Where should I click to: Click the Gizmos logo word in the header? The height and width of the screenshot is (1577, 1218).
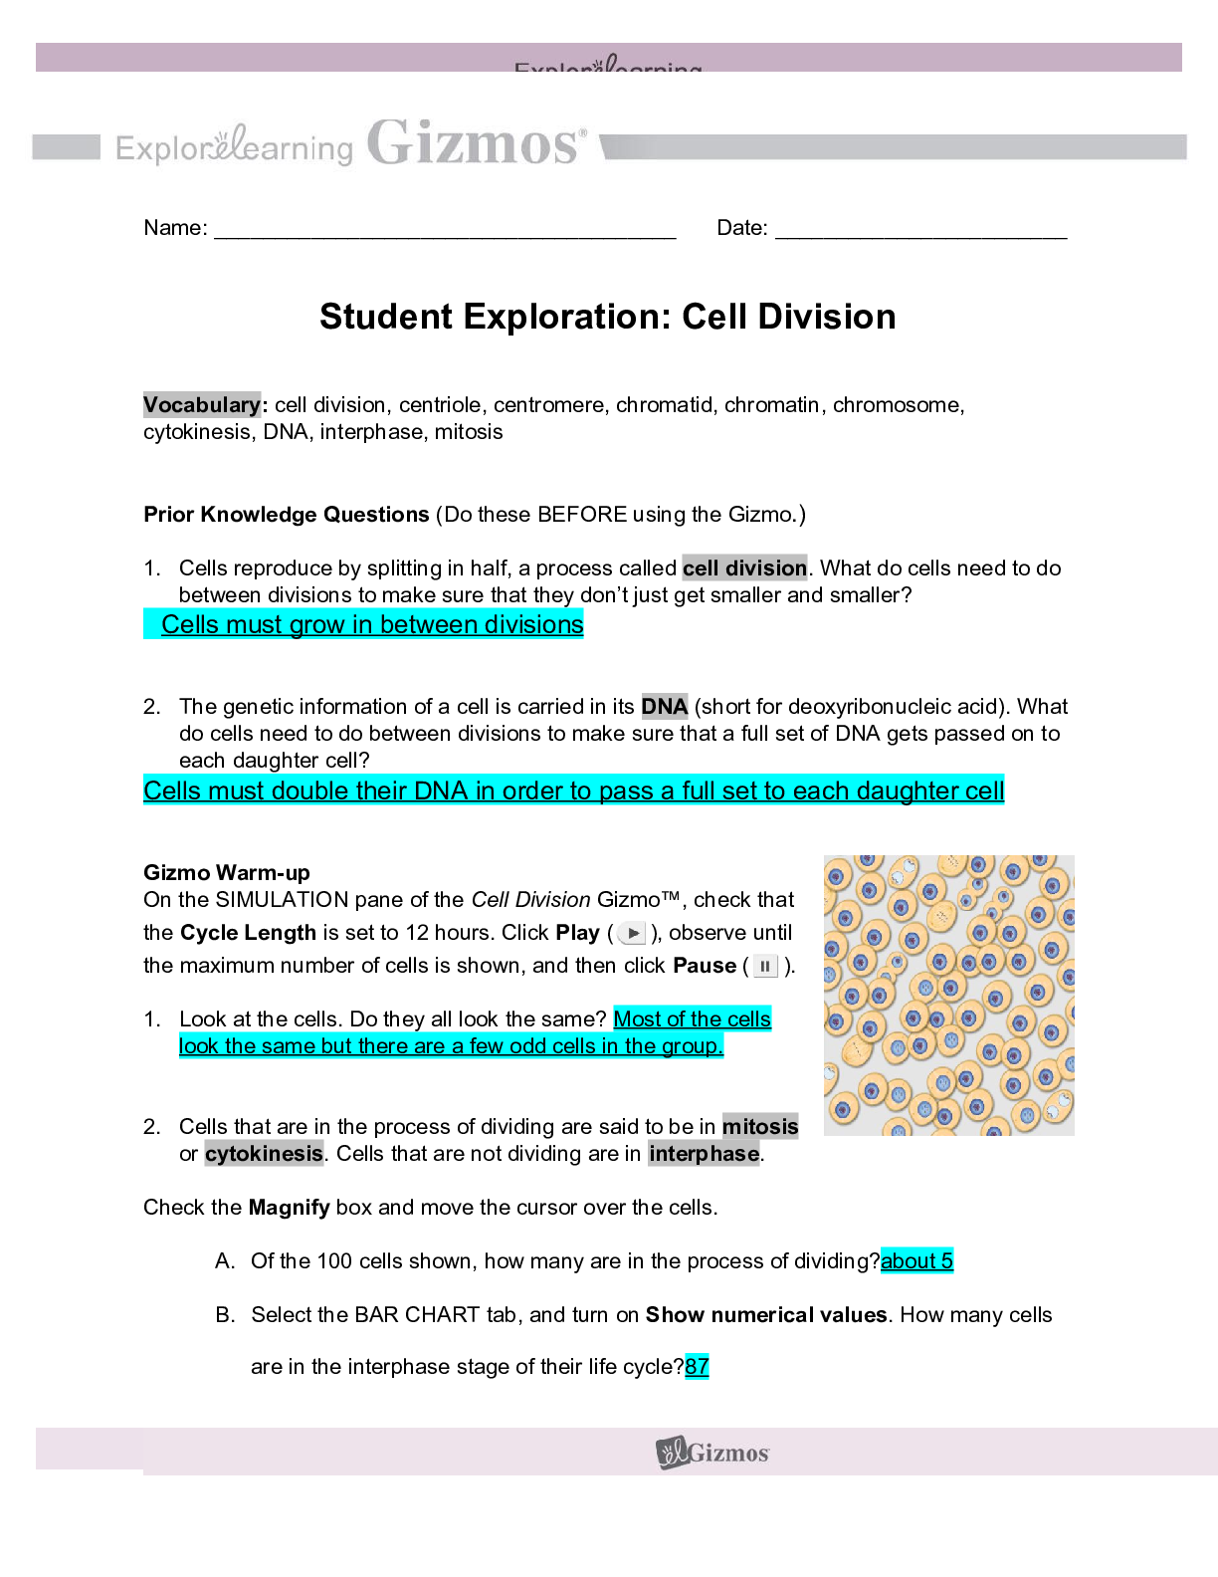[x=476, y=144]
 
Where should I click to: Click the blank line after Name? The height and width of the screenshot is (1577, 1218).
[x=445, y=231]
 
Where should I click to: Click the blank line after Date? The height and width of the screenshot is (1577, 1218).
[x=920, y=231]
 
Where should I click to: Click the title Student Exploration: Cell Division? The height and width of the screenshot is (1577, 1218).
[x=607, y=317]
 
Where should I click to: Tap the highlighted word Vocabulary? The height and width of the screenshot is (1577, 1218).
[x=202, y=405]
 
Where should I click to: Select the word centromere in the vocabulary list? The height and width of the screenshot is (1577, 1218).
[x=549, y=405]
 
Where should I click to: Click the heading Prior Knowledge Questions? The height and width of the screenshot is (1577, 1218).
[x=286, y=515]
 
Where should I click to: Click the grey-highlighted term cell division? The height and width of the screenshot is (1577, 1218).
[x=744, y=568]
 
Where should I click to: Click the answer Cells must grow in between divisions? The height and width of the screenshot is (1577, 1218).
[x=371, y=625]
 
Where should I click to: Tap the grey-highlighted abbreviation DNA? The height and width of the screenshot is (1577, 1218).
[x=664, y=707]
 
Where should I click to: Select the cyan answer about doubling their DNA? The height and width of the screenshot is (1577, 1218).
[x=573, y=791]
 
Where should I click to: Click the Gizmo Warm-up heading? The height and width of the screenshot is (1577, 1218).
[x=227, y=873]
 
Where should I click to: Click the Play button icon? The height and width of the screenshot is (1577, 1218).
[x=632, y=934]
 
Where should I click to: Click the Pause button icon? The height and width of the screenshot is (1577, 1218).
[x=764, y=967]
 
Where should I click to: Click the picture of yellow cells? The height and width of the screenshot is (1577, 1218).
[x=948, y=995]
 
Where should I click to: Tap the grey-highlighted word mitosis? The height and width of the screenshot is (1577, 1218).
[x=760, y=1127]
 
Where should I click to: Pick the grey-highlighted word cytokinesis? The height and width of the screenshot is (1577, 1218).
[x=264, y=1154]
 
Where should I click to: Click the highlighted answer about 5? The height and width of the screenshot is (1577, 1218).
[x=916, y=1261]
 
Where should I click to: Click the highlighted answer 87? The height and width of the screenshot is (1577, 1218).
[x=697, y=1367]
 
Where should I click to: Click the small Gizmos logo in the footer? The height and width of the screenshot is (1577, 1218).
[x=712, y=1453]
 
